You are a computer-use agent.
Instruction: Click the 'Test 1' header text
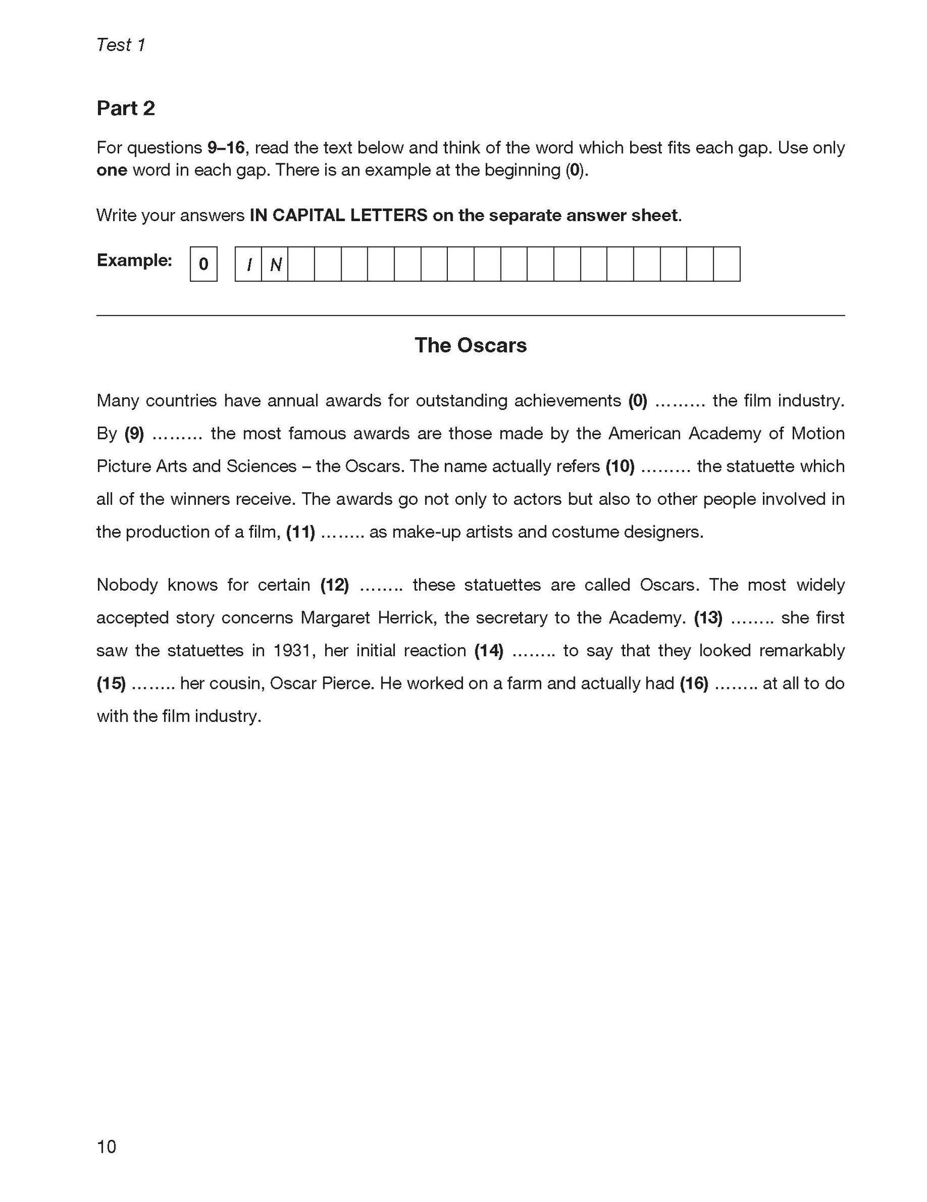[121, 45]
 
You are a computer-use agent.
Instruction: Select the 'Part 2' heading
[126, 108]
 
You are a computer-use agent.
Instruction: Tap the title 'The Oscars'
[470, 345]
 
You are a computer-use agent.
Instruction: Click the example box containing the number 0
[203, 264]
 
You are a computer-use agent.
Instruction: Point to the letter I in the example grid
[248, 264]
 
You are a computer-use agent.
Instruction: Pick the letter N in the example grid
[275, 264]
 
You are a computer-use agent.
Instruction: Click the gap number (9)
[134, 433]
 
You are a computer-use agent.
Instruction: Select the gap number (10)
[620, 466]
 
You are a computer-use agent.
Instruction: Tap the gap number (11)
[301, 532]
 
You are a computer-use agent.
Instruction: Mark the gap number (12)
[335, 585]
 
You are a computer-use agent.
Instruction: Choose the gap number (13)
[708, 618]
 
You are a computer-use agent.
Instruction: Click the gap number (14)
[489, 651]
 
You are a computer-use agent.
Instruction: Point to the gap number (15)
[111, 683]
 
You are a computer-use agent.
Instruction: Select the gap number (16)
[694, 683]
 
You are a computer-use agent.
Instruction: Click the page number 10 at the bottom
[106, 1147]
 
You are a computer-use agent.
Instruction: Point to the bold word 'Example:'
[134, 260]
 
